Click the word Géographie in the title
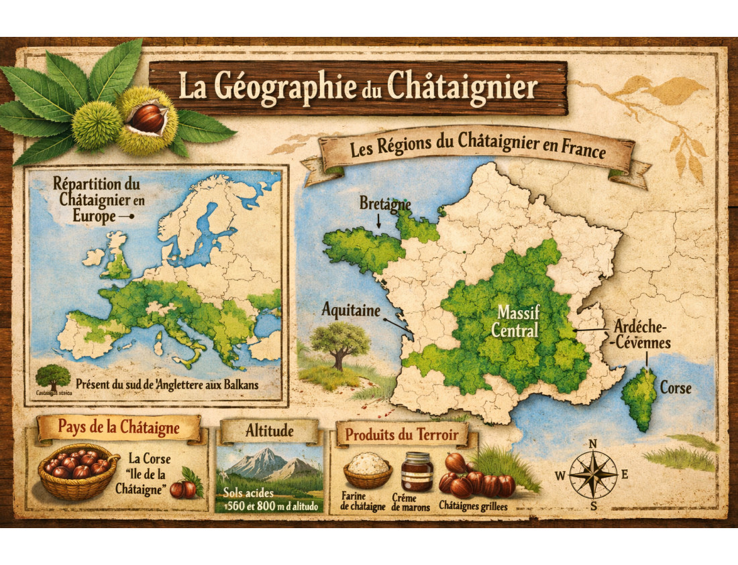(278, 88)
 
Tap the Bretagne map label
(384, 202)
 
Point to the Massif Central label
(515, 321)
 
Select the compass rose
(593, 474)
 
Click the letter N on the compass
(593, 444)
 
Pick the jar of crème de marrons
(417, 471)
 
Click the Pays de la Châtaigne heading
(119, 427)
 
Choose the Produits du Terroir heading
(402, 435)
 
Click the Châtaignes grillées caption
(473, 507)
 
